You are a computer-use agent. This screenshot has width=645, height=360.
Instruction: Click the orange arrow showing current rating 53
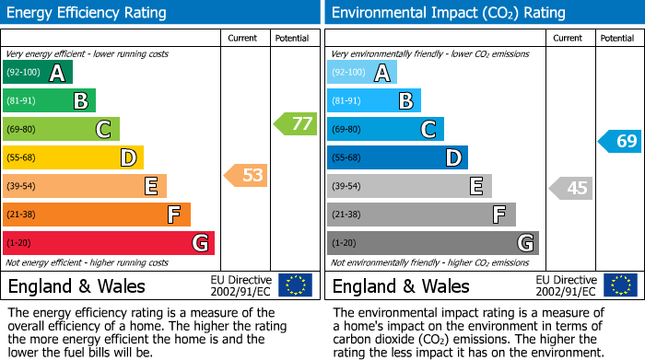246,175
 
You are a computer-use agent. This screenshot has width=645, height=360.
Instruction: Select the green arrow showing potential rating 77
295,123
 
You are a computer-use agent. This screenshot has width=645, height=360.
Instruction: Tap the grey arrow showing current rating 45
570,189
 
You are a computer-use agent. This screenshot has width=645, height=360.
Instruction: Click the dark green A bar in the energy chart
37,73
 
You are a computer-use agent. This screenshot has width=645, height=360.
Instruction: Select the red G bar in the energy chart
109,243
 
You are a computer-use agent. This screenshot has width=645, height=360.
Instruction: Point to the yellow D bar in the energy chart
73,158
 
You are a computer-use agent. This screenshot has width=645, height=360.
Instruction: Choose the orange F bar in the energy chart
97,215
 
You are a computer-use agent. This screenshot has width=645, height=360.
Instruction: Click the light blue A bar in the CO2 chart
361,73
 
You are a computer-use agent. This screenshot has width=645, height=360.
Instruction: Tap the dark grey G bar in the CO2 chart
432,243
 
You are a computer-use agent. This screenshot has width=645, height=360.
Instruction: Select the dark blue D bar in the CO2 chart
397,158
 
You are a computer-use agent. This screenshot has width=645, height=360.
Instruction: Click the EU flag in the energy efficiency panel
295,285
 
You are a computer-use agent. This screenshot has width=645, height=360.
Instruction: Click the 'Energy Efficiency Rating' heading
88,13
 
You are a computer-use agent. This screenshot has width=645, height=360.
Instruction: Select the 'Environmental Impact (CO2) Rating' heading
447,13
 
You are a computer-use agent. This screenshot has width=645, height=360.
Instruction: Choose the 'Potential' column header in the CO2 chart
616,38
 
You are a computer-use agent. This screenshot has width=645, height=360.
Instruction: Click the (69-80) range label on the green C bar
23,130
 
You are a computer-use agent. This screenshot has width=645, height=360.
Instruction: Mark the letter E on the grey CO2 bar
476,187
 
